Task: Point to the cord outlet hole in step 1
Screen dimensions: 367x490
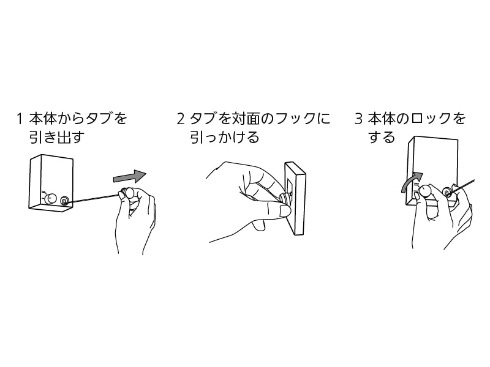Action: tap(64, 199)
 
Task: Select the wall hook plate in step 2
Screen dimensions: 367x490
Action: tap(296, 199)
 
